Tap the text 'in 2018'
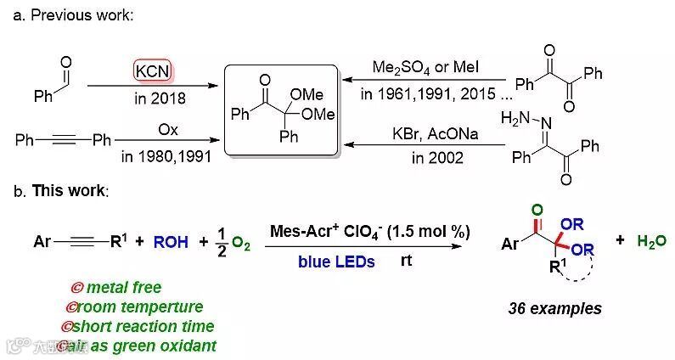[155, 98]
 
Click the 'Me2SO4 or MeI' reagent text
[418, 67]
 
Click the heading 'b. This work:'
[61, 190]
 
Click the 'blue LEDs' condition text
[336, 262]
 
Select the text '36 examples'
[554, 308]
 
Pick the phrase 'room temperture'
[138, 307]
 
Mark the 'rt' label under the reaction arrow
[407, 261]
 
